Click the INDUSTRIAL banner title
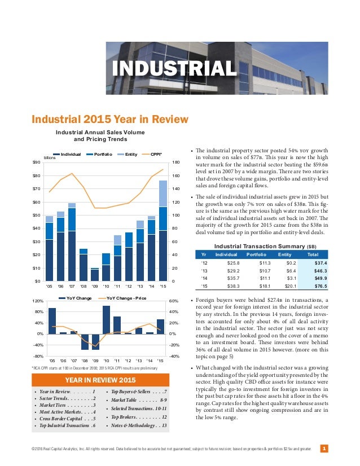(x=174, y=69)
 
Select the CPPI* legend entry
(x=156, y=153)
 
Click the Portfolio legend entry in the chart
(x=106, y=153)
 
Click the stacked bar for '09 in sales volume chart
(x=95, y=274)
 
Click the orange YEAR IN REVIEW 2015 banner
(x=100, y=379)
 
